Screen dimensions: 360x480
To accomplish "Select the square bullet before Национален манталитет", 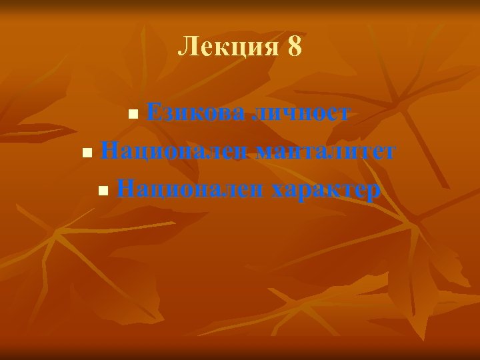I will pyautogui.click(x=86, y=153).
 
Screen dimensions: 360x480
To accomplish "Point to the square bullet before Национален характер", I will pyautogui.click(x=102, y=191).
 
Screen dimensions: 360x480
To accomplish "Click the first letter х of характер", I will pyautogui.click(x=278, y=191).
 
